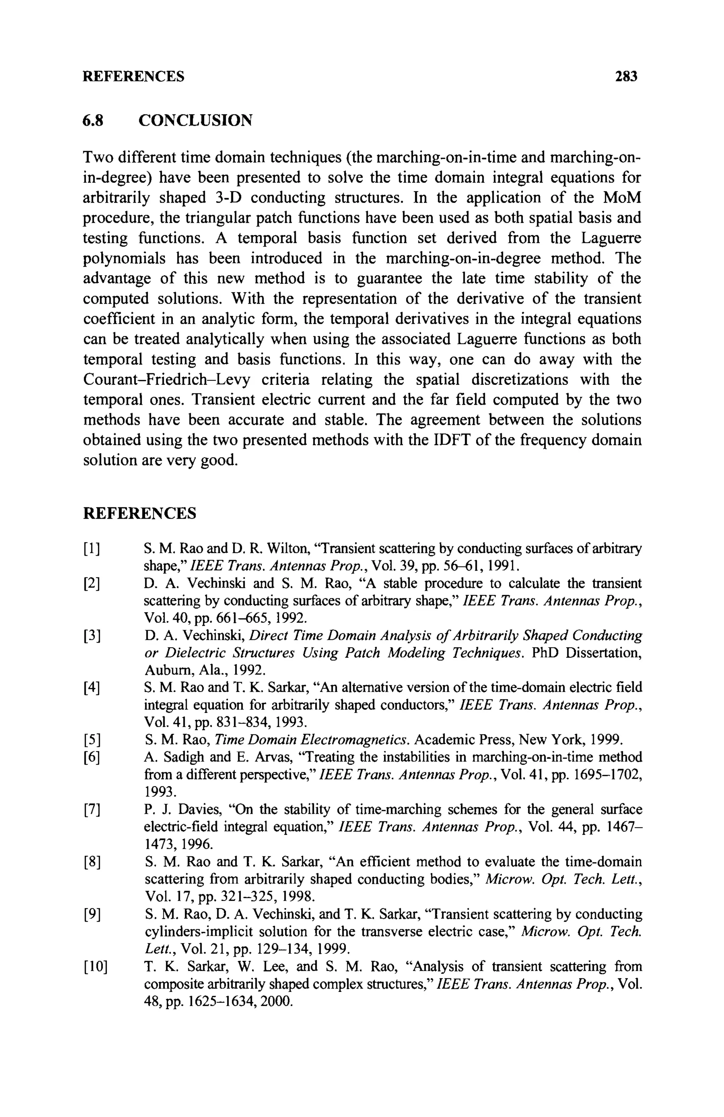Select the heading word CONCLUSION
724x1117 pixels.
(x=195, y=121)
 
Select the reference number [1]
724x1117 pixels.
(x=92, y=548)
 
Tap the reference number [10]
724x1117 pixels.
(x=95, y=967)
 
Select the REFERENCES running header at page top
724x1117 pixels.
(x=134, y=76)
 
